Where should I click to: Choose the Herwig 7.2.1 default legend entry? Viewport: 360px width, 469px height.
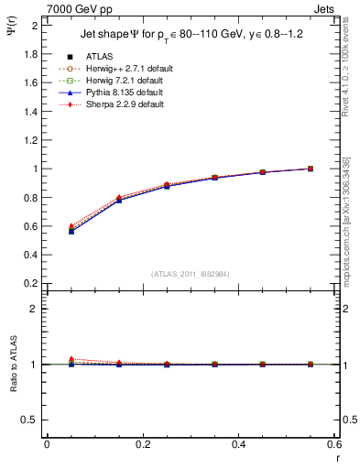click(x=119, y=80)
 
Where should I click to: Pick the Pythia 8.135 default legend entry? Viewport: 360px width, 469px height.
click(x=117, y=93)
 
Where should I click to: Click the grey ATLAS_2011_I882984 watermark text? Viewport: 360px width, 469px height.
click(x=190, y=274)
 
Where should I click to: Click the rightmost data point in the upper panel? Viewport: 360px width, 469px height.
click(x=310, y=169)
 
